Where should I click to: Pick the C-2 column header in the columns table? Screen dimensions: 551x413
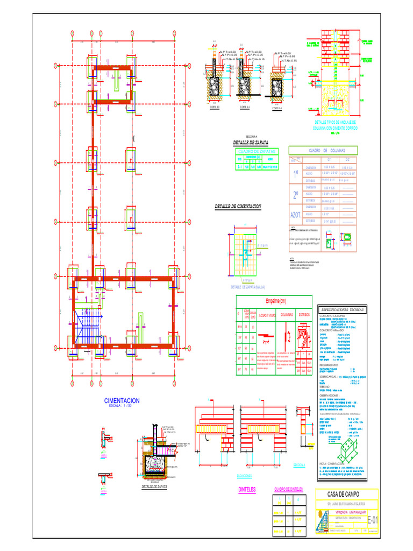click(347, 160)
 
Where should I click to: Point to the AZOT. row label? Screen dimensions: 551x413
click(295, 214)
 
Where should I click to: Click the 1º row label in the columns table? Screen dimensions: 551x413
click(295, 174)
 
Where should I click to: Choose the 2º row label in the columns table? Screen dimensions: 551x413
click(295, 194)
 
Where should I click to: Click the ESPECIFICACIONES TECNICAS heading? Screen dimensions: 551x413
click(342, 310)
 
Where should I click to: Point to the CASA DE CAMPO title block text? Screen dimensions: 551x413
click(344, 494)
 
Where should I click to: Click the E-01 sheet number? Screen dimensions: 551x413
click(372, 520)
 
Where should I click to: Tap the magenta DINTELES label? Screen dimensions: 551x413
click(247, 490)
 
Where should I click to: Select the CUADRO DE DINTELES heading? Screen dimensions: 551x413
click(288, 489)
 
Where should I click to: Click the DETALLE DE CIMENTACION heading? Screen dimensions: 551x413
click(238, 207)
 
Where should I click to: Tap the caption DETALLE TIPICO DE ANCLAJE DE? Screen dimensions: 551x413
click(336, 122)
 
